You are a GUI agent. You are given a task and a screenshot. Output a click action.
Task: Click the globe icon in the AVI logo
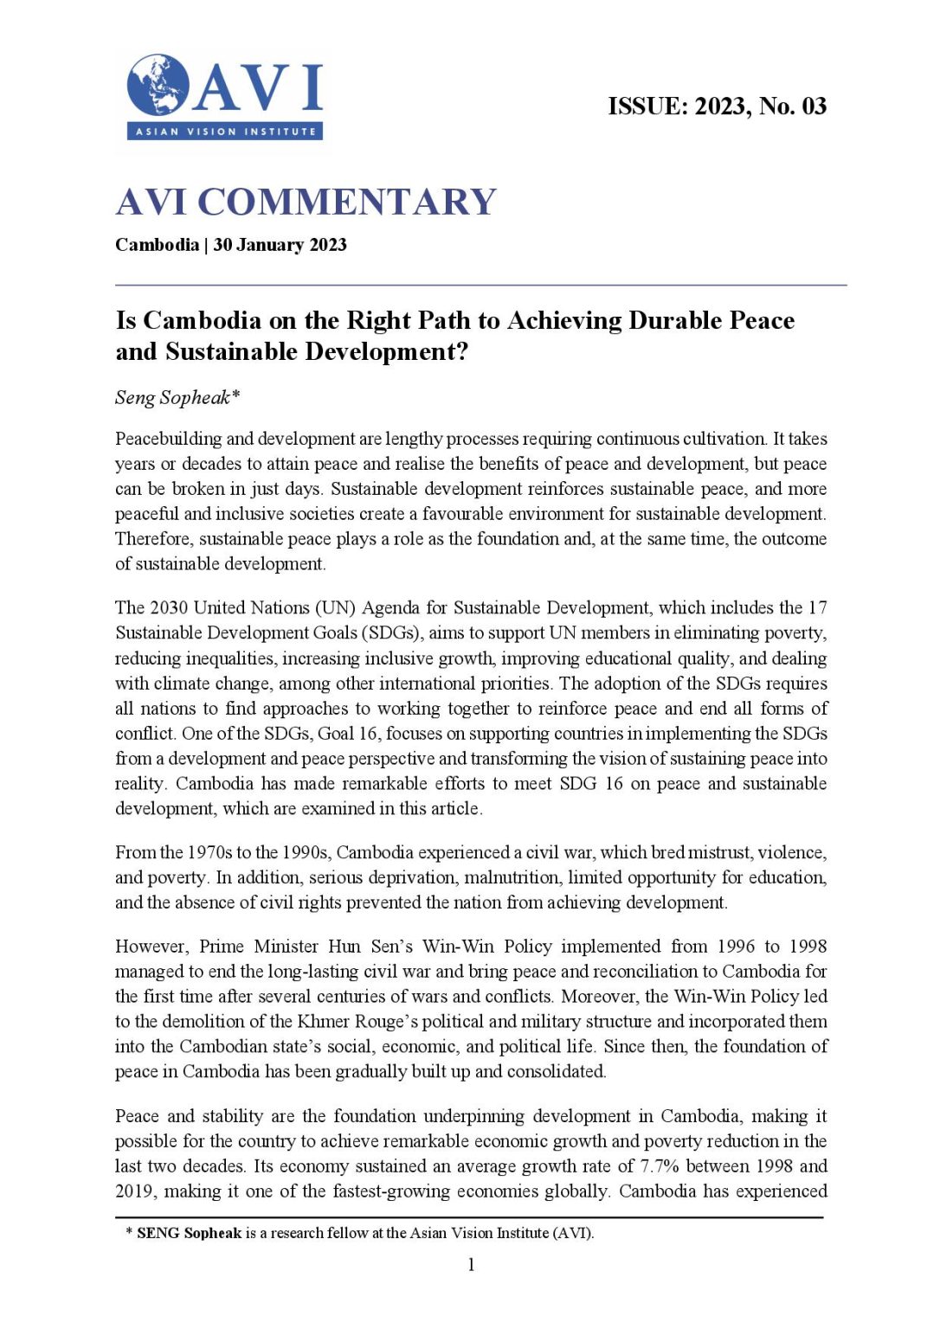click(158, 86)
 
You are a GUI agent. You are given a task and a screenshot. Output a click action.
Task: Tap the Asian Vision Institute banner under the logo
click(225, 132)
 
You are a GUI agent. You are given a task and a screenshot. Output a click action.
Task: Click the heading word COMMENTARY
click(347, 202)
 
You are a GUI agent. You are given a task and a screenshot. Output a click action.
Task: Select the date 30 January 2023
click(280, 245)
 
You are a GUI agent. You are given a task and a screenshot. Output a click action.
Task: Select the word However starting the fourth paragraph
click(151, 947)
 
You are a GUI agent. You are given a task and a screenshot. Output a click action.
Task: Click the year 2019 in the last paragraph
click(136, 1191)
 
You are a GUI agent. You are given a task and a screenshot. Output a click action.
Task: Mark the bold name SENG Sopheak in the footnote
click(189, 1233)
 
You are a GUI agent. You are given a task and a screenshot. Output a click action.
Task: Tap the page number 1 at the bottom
click(471, 1265)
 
